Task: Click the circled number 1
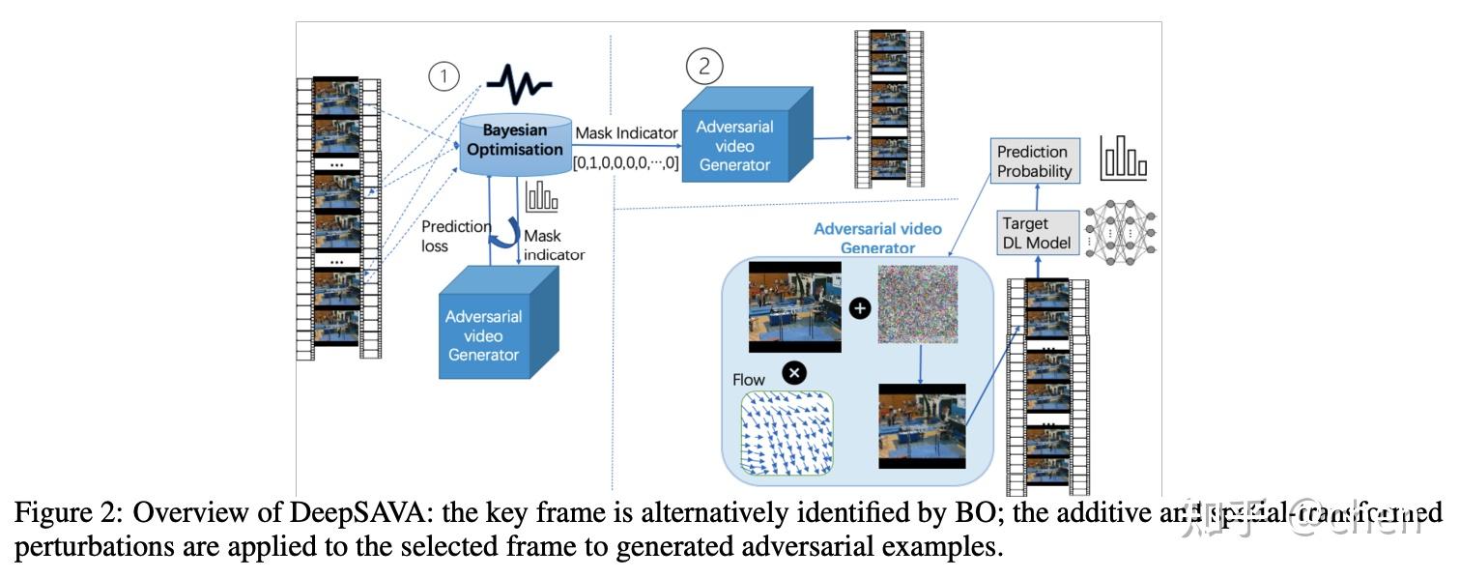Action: (444, 77)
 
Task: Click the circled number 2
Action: (704, 66)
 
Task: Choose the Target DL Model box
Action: (1036, 233)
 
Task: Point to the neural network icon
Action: (1120, 233)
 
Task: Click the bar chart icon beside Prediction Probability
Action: (1123, 159)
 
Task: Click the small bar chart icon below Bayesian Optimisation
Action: (541, 197)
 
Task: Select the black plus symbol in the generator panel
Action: (859, 308)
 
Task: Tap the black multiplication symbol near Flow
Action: (793, 373)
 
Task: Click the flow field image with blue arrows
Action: (785, 433)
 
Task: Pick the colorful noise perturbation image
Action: (917, 304)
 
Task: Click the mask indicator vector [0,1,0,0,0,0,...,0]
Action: (626, 163)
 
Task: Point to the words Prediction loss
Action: (455, 236)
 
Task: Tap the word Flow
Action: (749, 380)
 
